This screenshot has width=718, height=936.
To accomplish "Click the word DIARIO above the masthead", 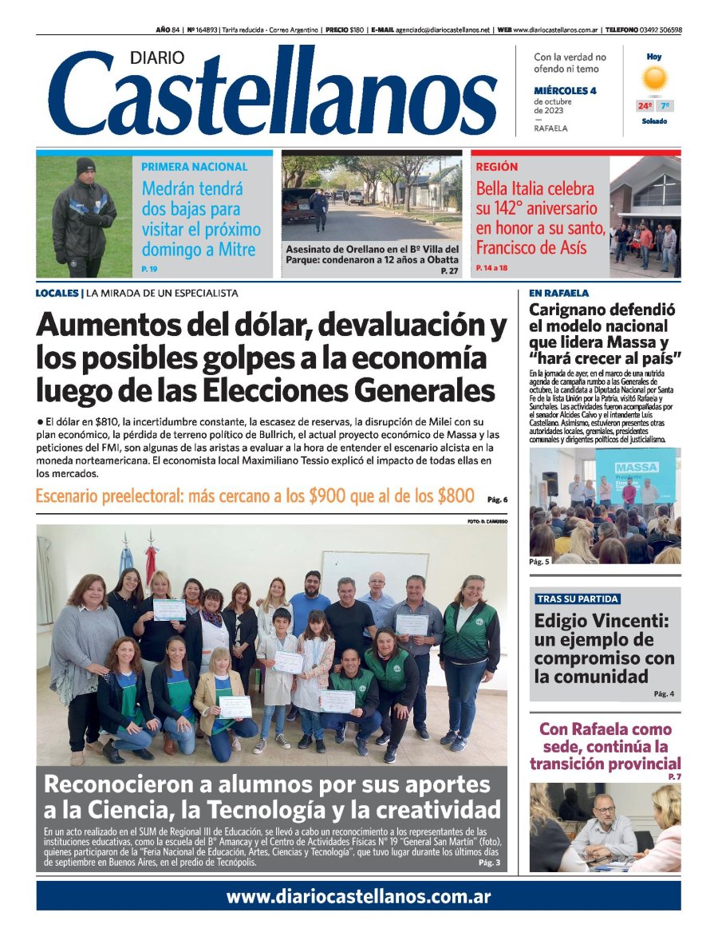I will click(x=157, y=57).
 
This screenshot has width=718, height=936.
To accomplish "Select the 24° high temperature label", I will click(x=644, y=106).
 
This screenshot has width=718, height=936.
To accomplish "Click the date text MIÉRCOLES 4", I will click(x=565, y=90).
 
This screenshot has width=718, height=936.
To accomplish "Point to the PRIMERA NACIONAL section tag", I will click(x=194, y=168).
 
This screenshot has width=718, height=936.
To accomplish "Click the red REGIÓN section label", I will click(x=496, y=168).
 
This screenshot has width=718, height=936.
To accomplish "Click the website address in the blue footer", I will click(x=358, y=897).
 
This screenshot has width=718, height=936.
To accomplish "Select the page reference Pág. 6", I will click(x=495, y=500).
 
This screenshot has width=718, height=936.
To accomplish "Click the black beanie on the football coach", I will click(x=85, y=166).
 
